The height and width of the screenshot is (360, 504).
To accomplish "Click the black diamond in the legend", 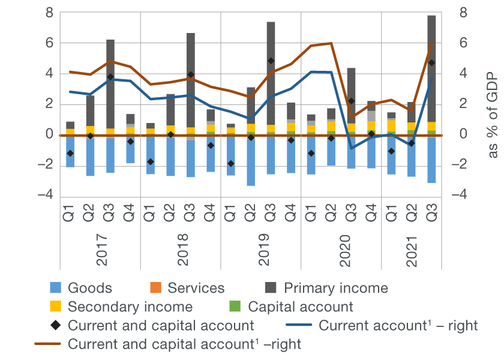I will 56,326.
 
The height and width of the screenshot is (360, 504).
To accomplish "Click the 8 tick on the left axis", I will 49,13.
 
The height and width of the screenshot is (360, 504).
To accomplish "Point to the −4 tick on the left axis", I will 46,196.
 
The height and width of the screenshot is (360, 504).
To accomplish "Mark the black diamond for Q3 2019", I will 271,61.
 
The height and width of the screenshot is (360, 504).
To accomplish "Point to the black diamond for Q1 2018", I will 150,162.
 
